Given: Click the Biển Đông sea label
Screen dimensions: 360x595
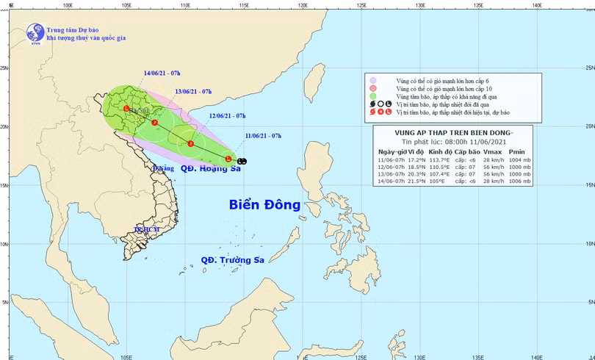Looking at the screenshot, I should [x=264, y=205].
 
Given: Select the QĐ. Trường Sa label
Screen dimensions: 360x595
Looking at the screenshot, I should [x=232, y=260].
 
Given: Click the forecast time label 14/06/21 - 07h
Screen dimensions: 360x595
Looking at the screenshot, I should [x=162, y=73].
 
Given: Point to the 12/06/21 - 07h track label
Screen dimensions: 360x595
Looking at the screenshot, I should [x=227, y=116].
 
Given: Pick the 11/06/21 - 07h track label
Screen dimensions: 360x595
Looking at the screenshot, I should [x=262, y=136].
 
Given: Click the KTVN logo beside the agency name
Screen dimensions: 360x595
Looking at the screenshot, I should [x=34, y=32].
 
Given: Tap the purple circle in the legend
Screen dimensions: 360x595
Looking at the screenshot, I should [x=373, y=81].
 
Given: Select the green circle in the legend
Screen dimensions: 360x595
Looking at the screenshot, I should [x=373, y=96].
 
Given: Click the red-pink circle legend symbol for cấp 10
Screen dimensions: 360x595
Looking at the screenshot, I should [x=373, y=88].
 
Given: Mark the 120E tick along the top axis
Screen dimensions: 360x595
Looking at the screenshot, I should [x=302, y=4].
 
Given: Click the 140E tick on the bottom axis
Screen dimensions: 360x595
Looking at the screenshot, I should [x=537, y=356].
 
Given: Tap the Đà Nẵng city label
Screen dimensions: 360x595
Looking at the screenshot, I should [x=162, y=168].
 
